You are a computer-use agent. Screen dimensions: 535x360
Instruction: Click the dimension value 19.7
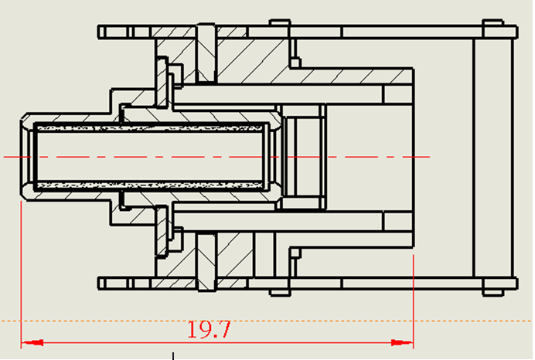tap(209, 329)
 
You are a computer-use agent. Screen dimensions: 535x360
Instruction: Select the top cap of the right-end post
tap(492, 25)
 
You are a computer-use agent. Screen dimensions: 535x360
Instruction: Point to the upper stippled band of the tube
tap(155, 125)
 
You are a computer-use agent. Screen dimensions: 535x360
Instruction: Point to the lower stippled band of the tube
tap(155, 187)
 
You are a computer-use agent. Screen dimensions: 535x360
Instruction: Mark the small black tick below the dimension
tap(173, 356)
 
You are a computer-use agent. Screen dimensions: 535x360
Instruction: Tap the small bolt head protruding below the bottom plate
tap(280, 291)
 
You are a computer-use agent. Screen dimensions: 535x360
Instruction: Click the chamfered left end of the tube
tap(25, 157)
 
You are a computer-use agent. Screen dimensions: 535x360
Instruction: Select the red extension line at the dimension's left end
tap(20, 270)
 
